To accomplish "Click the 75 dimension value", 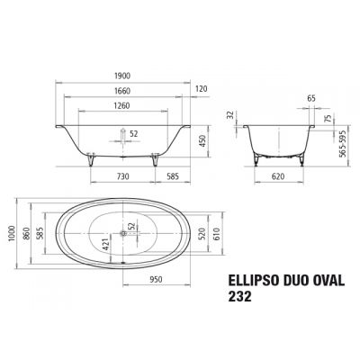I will [328, 117].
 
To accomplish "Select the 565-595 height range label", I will [341, 139].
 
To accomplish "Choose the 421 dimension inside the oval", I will [105, 238].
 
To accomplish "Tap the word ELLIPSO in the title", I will [248, 279].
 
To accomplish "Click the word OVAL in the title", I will [330, 279].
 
